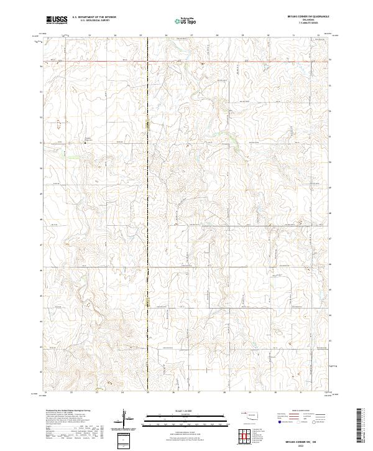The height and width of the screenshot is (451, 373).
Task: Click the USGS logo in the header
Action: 57,20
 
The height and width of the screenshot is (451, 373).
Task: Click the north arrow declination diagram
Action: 125,419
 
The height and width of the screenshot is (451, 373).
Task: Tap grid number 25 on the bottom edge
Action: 148,393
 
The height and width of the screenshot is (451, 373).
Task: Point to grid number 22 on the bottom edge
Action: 71,393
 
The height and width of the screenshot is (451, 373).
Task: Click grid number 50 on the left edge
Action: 42,168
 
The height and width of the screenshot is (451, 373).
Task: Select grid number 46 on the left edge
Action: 42,271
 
